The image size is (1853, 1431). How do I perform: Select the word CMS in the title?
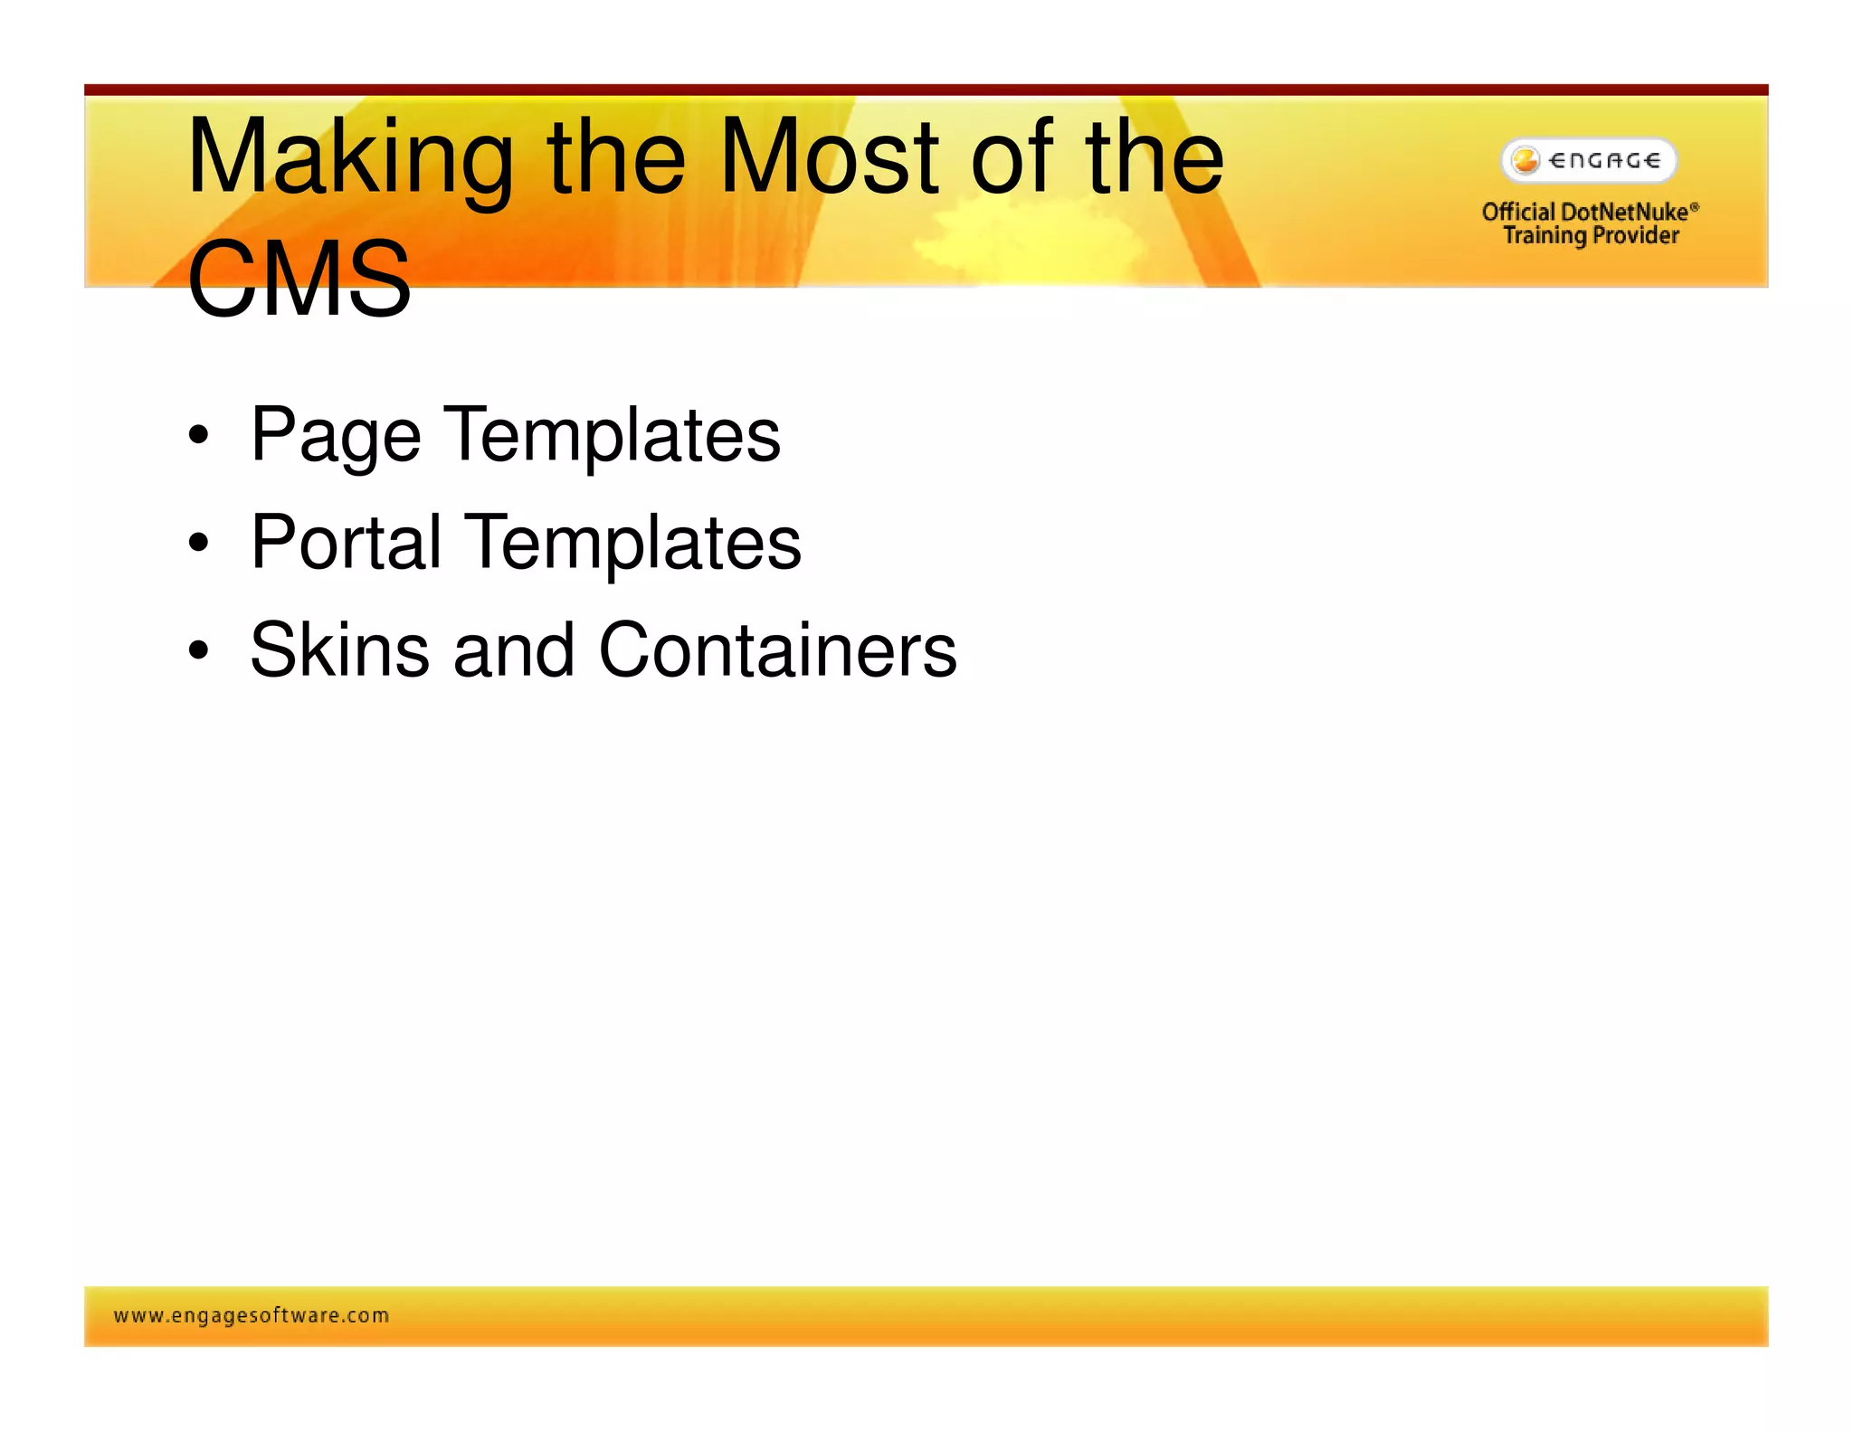[299, 280]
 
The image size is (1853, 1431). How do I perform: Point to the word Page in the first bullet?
[336, 437]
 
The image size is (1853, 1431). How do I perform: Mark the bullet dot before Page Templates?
[198, 437]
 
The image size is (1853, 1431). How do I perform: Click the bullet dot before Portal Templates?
[198, 544]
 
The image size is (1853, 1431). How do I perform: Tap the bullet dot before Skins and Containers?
[198, 650]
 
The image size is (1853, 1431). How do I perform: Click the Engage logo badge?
[1589, 161]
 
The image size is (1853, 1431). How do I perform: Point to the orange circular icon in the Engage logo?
[1525, 161]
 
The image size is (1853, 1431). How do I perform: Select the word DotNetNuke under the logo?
[1624, 212]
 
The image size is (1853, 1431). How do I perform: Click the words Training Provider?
[1591, 236]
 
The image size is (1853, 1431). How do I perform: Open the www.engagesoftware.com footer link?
[252, 1315]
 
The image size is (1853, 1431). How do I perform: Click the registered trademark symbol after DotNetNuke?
[1695, 207]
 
